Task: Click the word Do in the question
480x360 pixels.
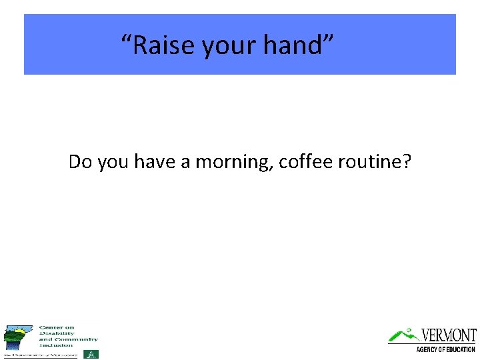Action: pyautogui.click(x=81, y=161)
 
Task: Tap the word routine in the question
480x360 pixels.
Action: pyautogui.click(x=371, y=161)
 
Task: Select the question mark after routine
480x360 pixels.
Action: pyautogui.click(x=407, y=161)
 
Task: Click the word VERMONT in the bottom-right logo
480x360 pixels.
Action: pyautogui.click(x=449, y=335)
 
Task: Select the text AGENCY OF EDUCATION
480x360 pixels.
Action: pyautogui.click(x=445, y=349)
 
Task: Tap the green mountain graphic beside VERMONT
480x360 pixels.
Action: pyautogui.click(x=403, y=335)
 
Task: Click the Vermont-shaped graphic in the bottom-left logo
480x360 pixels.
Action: pyautogui.click(x=17, y=337)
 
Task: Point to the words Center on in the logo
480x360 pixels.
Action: pyautogui.click(x=57, y=327)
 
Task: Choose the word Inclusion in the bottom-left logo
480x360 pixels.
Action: pyautogui.click(x=56, y=345)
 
